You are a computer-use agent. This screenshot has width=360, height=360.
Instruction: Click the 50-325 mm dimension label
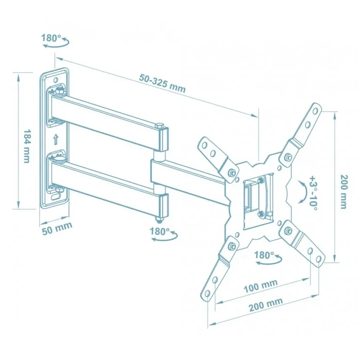point(162,83)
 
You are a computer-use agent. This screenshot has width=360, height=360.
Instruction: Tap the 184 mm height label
point(26,146)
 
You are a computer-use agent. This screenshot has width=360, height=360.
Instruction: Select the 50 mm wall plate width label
point(56,226)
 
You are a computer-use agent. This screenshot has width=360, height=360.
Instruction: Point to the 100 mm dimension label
point(261,284)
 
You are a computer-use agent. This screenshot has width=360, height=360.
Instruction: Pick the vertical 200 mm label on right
point(343,191)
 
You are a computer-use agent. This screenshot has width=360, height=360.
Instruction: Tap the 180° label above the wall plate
point(51,38)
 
